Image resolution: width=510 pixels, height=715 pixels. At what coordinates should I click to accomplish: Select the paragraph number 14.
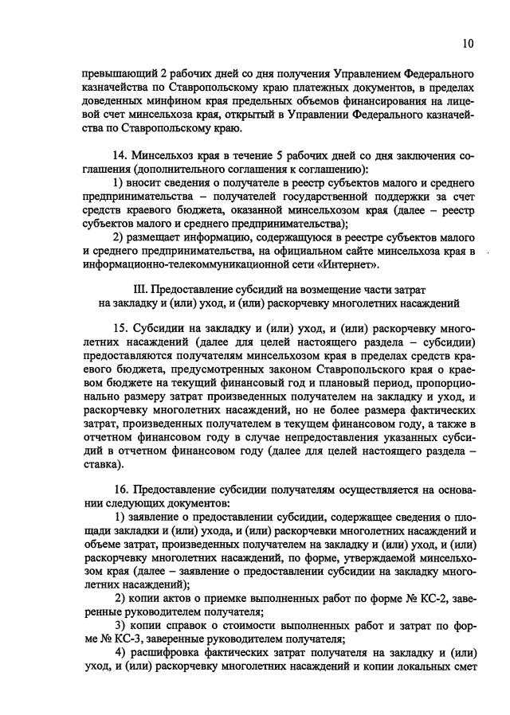tap(122, 156)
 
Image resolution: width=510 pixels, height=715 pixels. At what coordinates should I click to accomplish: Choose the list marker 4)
tap(120, 653)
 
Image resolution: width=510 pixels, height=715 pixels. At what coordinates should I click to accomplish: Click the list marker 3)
tap(120, 625)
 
